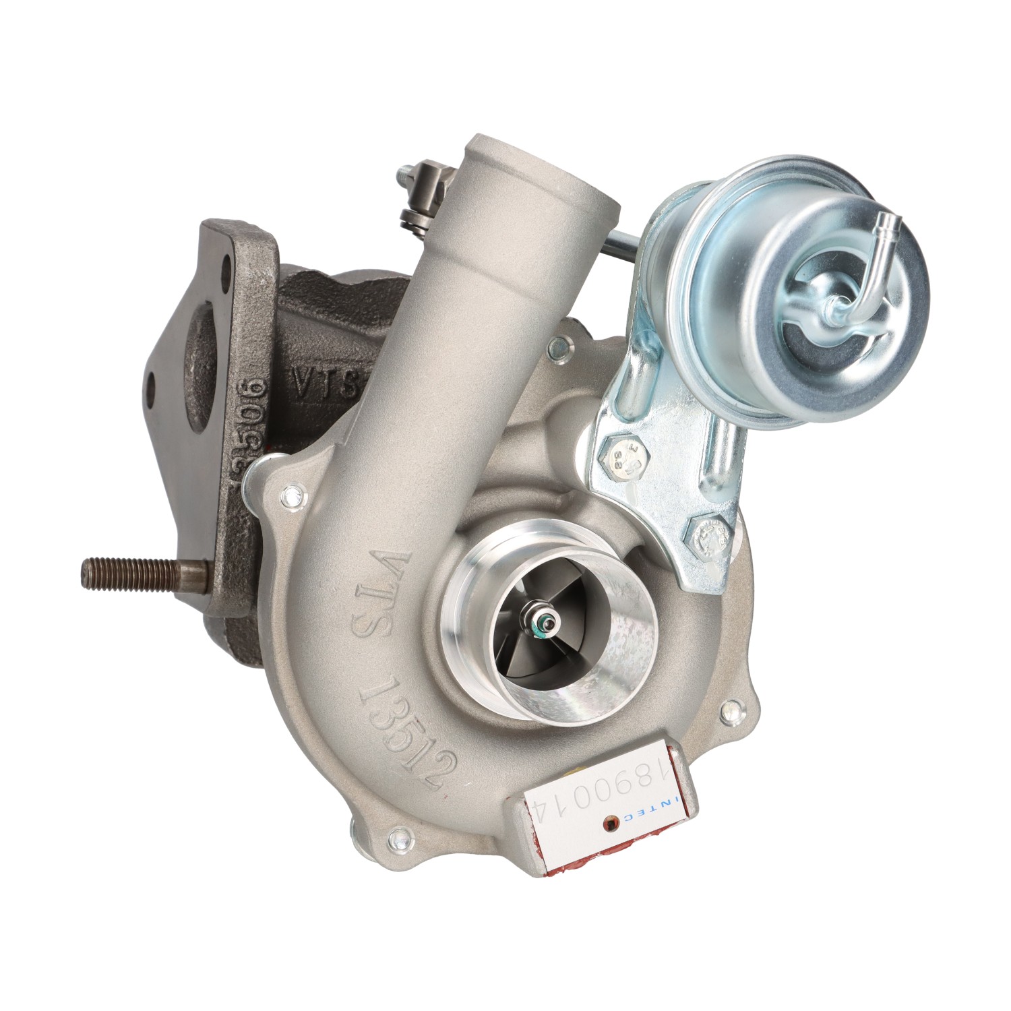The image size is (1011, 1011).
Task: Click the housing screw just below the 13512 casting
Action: (x=400, y=839)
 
